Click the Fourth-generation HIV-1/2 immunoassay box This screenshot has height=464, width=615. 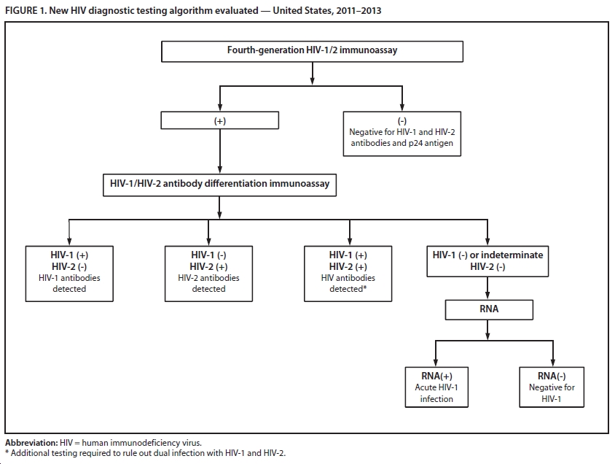312,51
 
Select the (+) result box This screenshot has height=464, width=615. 219,121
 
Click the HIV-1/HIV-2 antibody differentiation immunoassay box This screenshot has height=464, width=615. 219,184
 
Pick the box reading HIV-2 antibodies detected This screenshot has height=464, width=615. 208,272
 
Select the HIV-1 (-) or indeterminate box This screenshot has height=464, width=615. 488,260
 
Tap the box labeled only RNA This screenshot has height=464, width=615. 489,309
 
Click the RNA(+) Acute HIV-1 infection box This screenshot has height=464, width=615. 436,387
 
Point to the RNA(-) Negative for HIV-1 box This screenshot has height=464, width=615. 552,387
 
